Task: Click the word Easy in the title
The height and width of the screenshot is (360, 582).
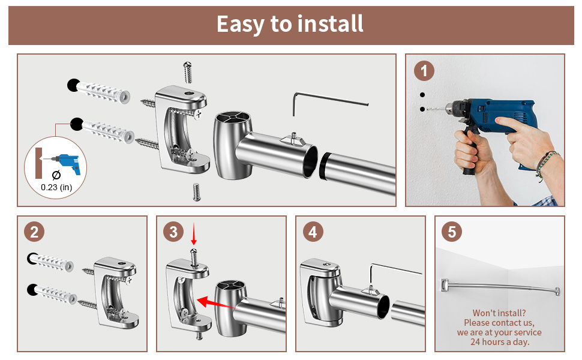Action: click(x=241, y=25)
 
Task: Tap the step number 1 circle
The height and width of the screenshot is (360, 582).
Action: click(x=424, y=71)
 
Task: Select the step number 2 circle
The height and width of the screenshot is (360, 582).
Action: click(x=34, y=232)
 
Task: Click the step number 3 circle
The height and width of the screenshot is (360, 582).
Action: click(x=173, y=232)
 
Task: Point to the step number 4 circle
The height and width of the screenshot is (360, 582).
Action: click(x=313, y=232)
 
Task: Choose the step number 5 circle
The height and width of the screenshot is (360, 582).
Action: click(x=452, y=232)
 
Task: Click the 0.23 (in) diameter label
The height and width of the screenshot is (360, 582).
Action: click(x=56, y=187)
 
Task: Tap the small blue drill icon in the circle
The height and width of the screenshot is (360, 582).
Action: click(x=67, y=163)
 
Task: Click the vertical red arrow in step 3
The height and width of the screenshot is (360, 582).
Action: click(x=193, y=234)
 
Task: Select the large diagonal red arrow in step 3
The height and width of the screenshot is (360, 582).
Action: click(x=215, y=302)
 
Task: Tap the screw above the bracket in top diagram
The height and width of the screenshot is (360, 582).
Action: click(x=188, y=73)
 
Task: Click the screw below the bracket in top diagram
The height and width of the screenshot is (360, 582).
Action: click(x=197, y=192)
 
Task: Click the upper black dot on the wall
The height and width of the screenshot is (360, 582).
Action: click(x=422, y=95)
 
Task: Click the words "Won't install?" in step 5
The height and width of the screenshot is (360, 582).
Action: click(x=499, y=313)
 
